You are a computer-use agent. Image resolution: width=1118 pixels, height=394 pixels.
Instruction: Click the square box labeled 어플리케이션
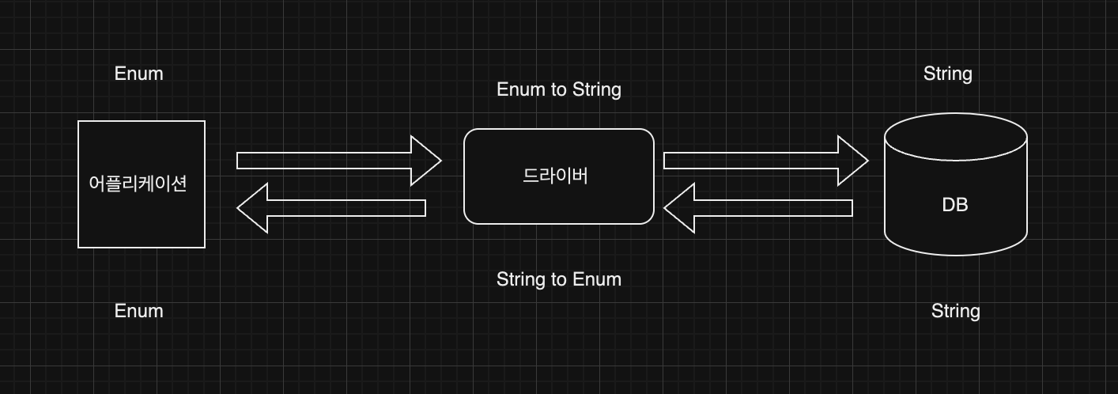coord(141,214)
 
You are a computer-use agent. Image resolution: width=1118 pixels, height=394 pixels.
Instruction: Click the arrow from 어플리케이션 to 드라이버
coord(332,161)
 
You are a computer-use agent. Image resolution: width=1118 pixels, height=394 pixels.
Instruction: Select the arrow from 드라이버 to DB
coord(759,161)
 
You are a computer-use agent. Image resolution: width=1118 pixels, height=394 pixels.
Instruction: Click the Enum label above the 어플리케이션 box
coord(139,74)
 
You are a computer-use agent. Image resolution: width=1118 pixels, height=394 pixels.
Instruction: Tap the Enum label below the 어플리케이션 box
coord(139,311)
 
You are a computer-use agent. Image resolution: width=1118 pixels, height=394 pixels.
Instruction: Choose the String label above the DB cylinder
coord(947,74)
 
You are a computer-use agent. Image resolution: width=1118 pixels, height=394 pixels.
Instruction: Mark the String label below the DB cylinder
coord(955,311)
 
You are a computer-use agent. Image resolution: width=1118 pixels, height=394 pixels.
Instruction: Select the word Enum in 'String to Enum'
coord(597,279)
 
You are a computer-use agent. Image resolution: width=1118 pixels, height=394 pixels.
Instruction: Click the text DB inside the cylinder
coord(955,205)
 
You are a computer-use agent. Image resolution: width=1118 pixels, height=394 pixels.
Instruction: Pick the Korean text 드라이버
coord(556,176)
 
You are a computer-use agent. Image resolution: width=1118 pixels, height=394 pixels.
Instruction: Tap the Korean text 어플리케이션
coord(138,184)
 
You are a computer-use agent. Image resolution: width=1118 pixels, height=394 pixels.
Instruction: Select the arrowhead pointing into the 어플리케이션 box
coord(252,208)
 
